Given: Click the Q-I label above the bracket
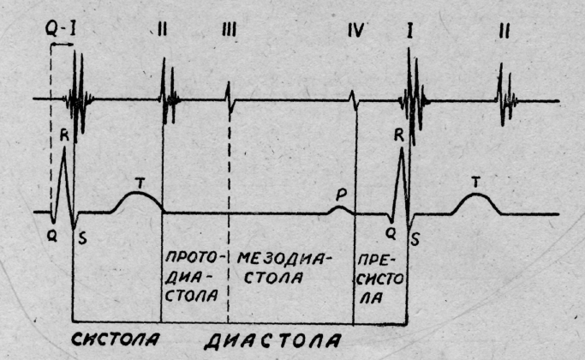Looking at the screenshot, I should (x=63, y=29).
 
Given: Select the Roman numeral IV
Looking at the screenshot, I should (x=355, y=32).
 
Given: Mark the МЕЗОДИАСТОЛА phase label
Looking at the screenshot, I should (x=286, y=267).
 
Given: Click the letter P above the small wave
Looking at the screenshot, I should (x=341, y=195).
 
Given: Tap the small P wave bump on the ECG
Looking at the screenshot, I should (x=341, y=208).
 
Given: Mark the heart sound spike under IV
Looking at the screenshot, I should (x=355, y=100).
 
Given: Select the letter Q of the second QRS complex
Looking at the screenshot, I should (x=389, y=231).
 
